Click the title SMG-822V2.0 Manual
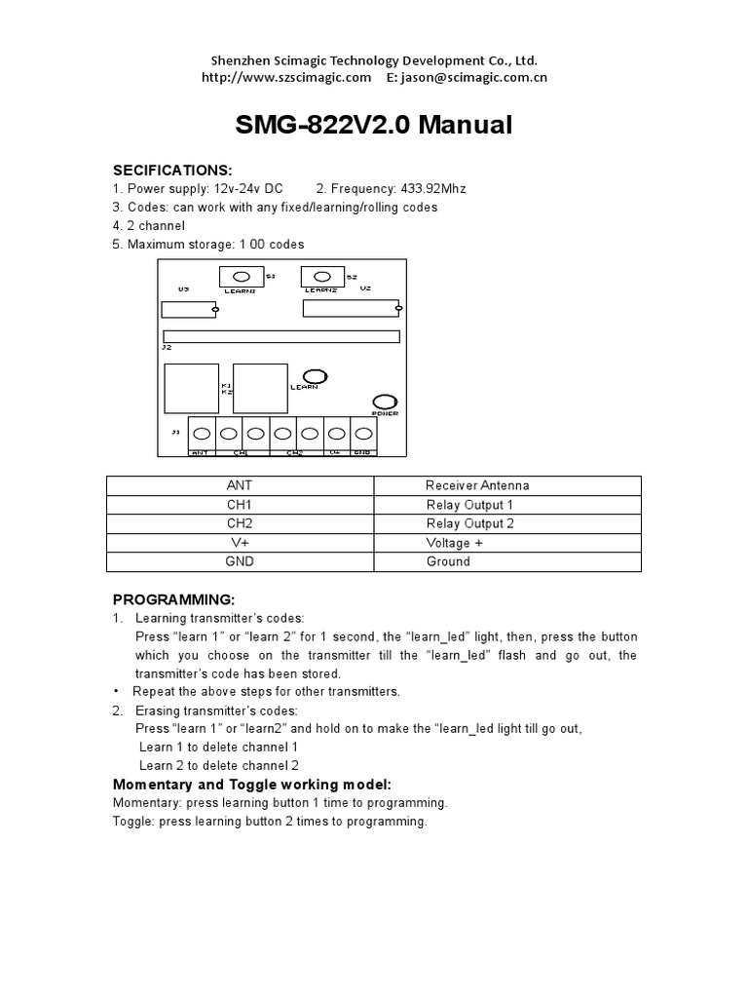[373, 126]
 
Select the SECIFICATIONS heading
[172, 171]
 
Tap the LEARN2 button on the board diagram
[321, 277]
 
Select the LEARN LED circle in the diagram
[315, 376]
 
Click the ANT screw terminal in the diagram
[202, 432]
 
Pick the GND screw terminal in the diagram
[362, 432]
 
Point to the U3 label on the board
[183, 288]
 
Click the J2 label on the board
[166, 346]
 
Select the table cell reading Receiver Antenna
[477, 485]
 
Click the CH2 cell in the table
[239, 523]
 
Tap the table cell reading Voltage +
[448, 543]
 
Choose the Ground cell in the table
[448, 561]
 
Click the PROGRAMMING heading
[174, 598]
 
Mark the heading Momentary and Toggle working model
[252, 785]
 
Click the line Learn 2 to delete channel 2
[219, 766]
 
